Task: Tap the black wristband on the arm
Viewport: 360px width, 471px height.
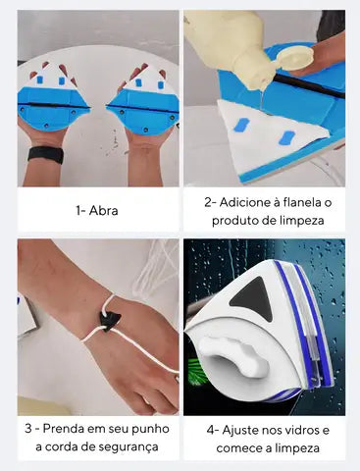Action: point(45,154)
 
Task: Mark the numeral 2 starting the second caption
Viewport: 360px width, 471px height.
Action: point(207,201)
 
